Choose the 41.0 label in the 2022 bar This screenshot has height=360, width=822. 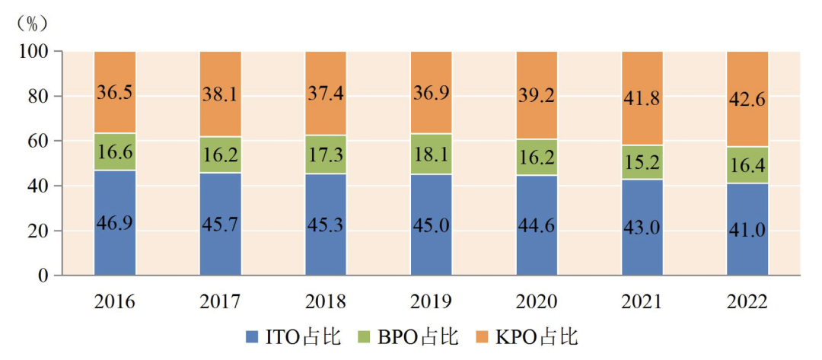(x=747, y=230)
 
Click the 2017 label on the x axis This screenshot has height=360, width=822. (x=220, y=301)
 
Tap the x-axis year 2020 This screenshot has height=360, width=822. (x=537, y=301)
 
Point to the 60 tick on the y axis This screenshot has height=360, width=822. (x=37, y=141)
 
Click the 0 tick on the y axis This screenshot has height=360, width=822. (x=43, y=276)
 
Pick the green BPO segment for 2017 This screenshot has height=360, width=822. (x=220, y=155)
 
